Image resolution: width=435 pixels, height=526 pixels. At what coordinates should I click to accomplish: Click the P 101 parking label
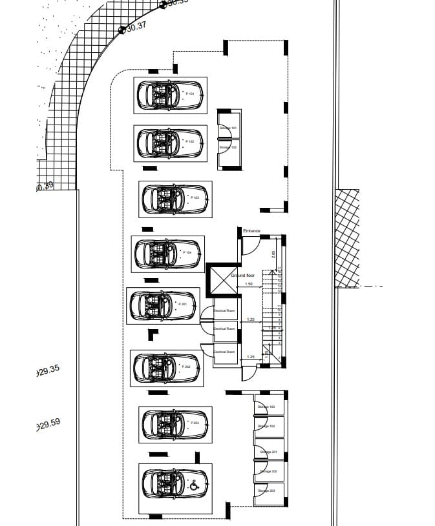191,94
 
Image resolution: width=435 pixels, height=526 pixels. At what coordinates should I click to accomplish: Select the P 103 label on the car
195,197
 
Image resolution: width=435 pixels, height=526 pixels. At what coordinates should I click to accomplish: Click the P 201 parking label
182,304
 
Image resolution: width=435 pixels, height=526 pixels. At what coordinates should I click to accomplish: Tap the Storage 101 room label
228,128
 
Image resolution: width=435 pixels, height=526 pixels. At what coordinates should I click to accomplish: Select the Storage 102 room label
228,147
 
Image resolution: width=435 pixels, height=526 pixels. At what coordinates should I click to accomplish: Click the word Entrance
251,230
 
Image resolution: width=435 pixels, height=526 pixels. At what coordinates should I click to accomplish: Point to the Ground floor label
243,276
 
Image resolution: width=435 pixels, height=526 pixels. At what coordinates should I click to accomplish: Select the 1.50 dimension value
249,284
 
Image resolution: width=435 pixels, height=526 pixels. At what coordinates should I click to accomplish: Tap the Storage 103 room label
266,407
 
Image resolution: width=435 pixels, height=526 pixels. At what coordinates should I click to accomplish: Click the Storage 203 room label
266,491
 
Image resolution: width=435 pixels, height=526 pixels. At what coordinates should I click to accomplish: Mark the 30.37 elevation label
136,26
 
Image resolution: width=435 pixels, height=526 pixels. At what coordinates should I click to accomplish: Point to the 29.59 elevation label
49,424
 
